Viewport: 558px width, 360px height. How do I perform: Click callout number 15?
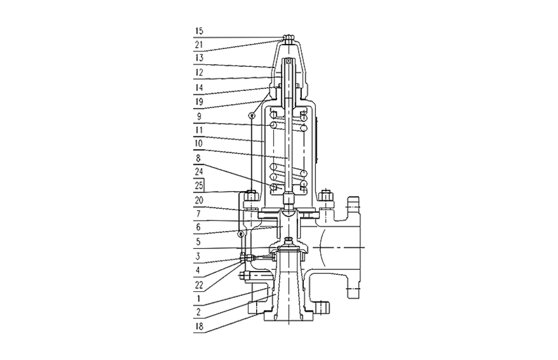pyautogui.click(x=199, y=31)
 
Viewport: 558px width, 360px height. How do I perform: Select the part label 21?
pyautogui.click(x=199, y=45)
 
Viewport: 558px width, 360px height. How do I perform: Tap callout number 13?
pyautogui.click(x=199, y=58)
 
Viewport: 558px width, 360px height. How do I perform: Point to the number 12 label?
pyautogui.click(x=199, y=73)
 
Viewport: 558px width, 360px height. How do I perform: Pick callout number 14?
pyautogui.click(x=199, y=88)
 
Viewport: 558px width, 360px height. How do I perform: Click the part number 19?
pyautogui.click(x=199, y=101)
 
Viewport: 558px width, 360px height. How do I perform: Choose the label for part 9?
pyautogui.click(x=199, y=117)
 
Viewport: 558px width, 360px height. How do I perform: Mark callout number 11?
pyautogui.click(x=199, y=130)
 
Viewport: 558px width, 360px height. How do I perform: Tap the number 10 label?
pyautogui.click(x=199, y=143)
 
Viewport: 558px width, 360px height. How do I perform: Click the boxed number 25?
pyautogui.click(x=199, y=186)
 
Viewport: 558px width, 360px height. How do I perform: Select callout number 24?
pyautogui.click(x=199, y=171)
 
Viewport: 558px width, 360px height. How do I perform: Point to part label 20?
pyautogui.click(x=199, y=200)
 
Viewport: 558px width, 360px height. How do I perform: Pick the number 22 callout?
pyautogui.click(x=199, y=285)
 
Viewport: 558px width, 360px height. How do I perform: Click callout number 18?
pyautogui.click(x=199, y=327)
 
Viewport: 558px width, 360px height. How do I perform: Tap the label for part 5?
pyautogui.click(x=198, y=242)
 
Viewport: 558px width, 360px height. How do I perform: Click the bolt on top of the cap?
pyautogui.click(x=289, y=37)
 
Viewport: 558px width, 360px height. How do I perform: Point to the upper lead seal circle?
pyautogui.click(x=252, y=115)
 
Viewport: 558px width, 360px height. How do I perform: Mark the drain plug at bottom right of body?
pyautogui.click(x=322, y=307)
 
